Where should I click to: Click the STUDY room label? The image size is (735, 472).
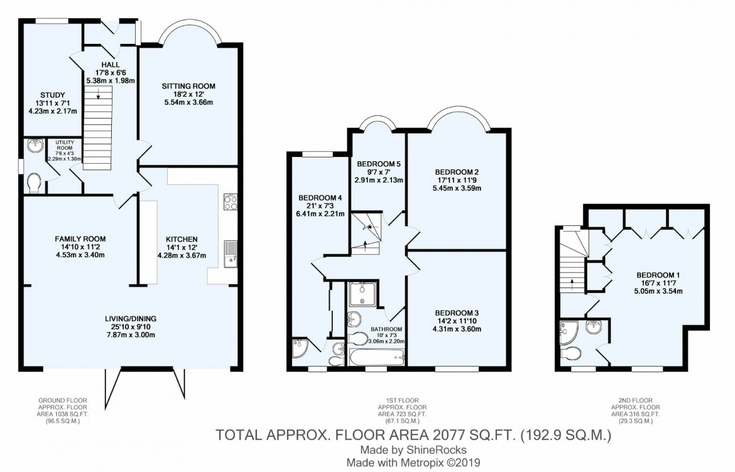click(53, 95)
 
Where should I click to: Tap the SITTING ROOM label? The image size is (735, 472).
click(188, 86)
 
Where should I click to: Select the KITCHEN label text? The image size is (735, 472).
click(182, 239)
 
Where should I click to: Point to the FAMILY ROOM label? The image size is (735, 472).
click(80, 239)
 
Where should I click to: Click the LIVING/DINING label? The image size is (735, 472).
click(131, 319)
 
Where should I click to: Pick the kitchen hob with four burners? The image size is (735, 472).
click(231, 201)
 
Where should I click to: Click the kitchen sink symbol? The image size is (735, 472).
click(231, 254)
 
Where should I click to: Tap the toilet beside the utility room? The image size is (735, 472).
click(34, 183)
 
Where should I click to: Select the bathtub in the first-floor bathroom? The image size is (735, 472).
click(377, 357)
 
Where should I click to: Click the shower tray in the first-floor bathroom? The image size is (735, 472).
click(362, 294)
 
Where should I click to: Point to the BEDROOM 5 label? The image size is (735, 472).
click(379, 164)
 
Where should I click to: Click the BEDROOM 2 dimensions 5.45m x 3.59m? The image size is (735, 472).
click(457, 188)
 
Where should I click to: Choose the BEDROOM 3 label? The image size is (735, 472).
click(457, 313)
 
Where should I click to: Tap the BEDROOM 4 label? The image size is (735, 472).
click(320, 198)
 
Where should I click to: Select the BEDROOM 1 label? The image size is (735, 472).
click(658, 276)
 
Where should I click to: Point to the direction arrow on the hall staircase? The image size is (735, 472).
click(98, 95)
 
